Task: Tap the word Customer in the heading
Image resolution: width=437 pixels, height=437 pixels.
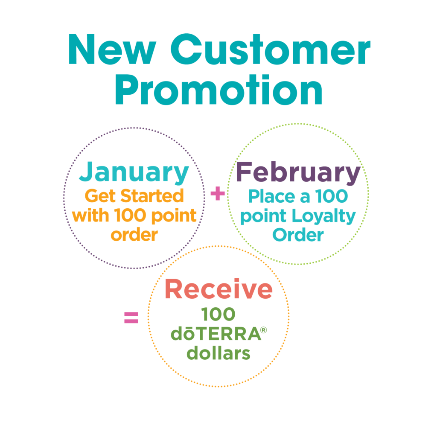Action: click(271, 49)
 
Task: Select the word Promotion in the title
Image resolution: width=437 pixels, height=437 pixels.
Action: click(219, 90)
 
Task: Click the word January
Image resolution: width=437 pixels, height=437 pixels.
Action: click(134, 172)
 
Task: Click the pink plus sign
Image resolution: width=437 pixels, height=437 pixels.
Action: click(218, 193)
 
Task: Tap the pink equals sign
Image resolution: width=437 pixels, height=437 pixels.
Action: click(131, 318)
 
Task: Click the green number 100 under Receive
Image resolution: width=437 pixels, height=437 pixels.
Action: click(218, 315)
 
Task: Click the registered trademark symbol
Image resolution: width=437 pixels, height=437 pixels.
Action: click(263, 330)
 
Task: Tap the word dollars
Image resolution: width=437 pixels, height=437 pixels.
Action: click(218, 353)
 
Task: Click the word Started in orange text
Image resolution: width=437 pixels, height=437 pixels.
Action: click(152, 195)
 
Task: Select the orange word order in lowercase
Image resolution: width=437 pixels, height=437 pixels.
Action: click(134, 235)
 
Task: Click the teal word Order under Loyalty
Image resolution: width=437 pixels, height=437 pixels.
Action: click(298, 235)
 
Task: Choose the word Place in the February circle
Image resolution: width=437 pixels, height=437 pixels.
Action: click(271, 196)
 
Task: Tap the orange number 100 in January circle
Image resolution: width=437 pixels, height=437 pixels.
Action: click(130, 216)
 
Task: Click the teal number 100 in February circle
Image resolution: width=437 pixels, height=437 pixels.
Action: click(331, 196)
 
